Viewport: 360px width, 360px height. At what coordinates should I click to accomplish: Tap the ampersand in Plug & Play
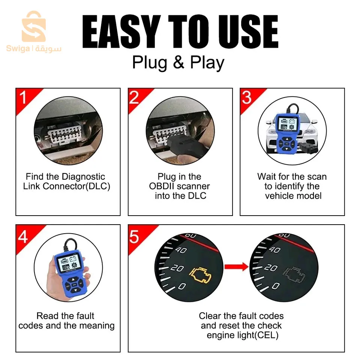click(x=178, y=63)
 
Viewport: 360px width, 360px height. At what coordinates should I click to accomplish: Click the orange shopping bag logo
click(x=34, y=26)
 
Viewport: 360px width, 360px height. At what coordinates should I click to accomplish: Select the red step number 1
click(x=23, y=97)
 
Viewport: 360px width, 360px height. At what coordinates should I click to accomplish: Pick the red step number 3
click(x=247, y=97)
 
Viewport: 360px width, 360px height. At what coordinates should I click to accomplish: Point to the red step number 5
click(x=134, y=237)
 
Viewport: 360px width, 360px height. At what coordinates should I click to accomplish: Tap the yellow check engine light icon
click(x=200, y=274)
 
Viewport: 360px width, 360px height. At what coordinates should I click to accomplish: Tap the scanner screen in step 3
click(x=286, y=124)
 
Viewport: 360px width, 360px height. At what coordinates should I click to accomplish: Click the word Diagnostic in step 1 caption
click(x=83, y=177)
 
